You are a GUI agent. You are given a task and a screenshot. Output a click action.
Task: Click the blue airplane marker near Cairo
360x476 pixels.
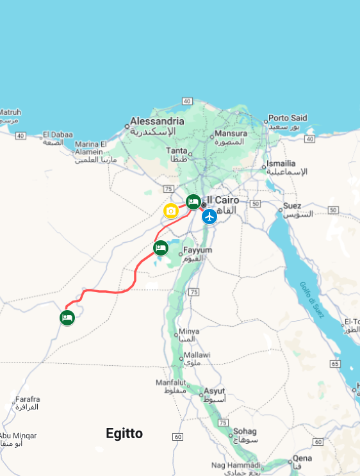pos(209,217)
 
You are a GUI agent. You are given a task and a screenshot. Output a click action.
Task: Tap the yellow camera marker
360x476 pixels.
pos(170,211)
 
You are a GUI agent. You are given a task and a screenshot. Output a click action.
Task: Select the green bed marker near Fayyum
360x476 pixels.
pos(161,247)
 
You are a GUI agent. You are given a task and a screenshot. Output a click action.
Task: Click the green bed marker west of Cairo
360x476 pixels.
pos(193,202)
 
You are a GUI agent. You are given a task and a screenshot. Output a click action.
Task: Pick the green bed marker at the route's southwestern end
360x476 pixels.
pos(67,317)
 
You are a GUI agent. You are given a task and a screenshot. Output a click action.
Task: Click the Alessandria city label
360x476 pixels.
pos(157,121)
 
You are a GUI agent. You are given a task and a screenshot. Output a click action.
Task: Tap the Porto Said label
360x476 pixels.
pos(288,118)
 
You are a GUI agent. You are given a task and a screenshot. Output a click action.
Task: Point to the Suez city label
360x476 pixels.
pos(292,206)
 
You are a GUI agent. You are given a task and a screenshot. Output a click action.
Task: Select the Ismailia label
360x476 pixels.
pos(281,163)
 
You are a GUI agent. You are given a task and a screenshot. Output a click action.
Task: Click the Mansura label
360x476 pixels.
pos(231,134)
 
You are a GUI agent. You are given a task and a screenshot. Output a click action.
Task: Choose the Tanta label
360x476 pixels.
pos(177,151)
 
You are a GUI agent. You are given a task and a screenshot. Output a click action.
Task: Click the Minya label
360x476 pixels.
pos(189,331)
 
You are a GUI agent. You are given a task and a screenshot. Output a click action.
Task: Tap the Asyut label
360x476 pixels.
pos(214,391)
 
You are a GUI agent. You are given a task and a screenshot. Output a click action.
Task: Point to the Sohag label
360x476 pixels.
pos(245,431)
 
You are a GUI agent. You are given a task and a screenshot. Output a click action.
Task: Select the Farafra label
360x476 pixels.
pos(28,398)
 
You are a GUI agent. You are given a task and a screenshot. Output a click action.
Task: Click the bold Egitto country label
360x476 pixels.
pos(124,434)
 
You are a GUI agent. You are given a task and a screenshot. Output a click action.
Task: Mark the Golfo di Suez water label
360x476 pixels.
pos(311,301)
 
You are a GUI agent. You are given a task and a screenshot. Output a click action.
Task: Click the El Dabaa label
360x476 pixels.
pos(56,135)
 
